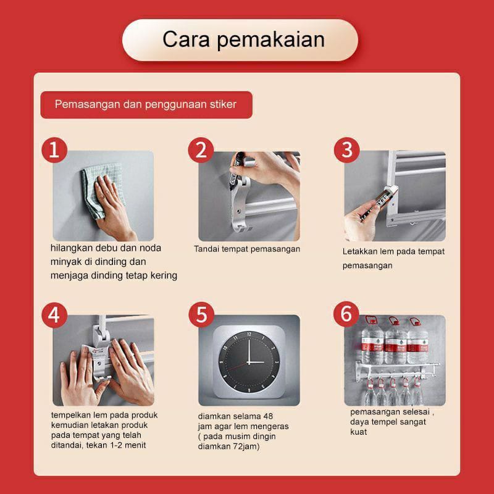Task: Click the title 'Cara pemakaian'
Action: pyautogui.click(x=243, y=40)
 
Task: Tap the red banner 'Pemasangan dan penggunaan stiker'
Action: pyautogui.click(x=146, y=104)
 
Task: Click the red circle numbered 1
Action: pyautogui.click(x=54, y=150)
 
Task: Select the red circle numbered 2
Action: pyautogui.click(x=201, y=150)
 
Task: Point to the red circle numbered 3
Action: pyautogui.click(x=346, y=150)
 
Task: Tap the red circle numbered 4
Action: pyautogui.click(x=54, y=315)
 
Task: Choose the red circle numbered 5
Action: pyautogui.click(x=201, y=315)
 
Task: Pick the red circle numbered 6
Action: pyautogui.click(x=346, y=314)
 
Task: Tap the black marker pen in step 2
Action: pyautogui.click(x=235, y=171)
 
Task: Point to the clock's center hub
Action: pyautogui.click(x=249, y=362)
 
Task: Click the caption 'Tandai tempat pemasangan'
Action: pyautogui.click(x=247, y=249)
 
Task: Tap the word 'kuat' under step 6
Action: pyautogui.click(x=359, y=432)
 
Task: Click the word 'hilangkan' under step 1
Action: pyautogui.click(x=72, y=248)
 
